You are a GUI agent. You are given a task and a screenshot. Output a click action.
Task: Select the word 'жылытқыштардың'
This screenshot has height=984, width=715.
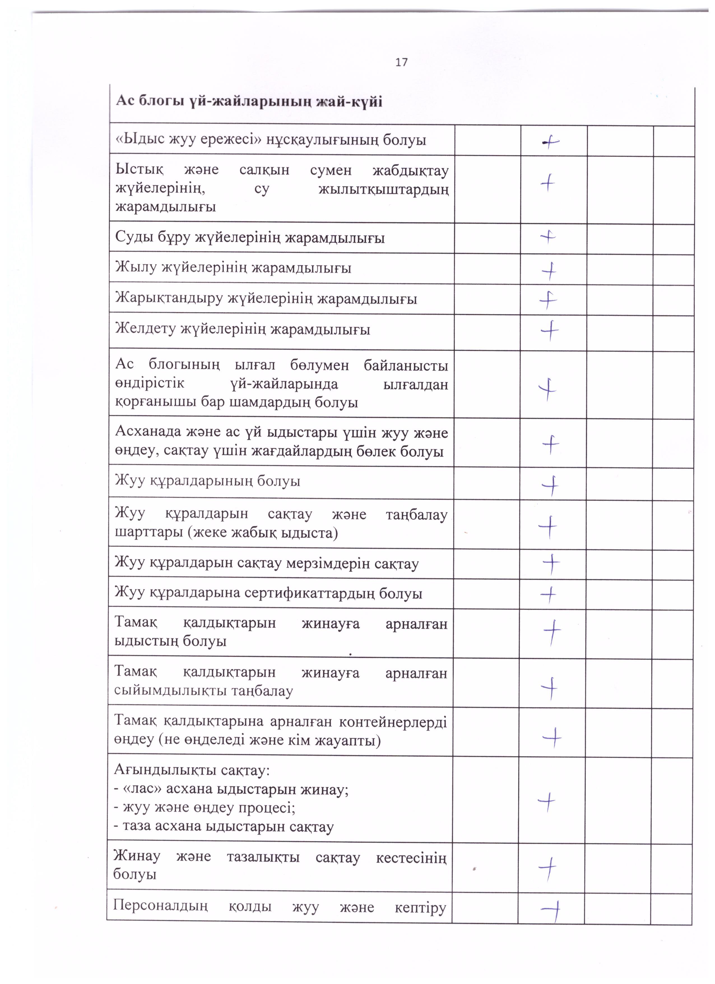(383, 189)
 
